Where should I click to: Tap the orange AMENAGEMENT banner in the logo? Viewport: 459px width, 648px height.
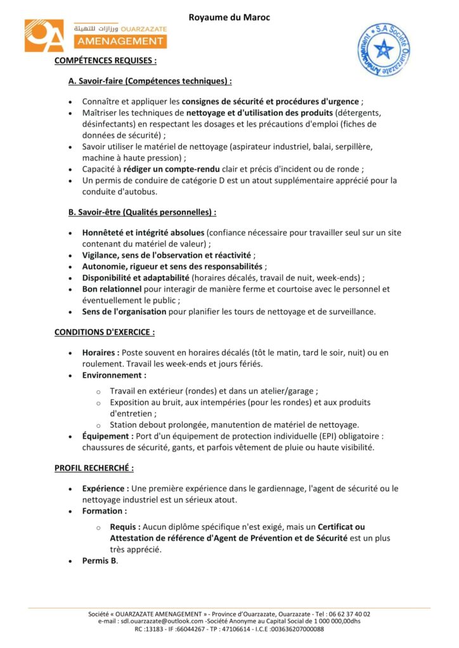[x=119, y=41]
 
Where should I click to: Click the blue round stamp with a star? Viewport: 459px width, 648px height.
[x=383, y=50]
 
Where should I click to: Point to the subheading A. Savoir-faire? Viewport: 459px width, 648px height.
[x=150, y=81]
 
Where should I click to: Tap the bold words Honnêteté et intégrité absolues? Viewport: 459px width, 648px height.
[x=143, y=232]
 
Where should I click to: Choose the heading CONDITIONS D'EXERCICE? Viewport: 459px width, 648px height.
[x=105, y=332]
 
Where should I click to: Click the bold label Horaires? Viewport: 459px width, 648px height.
[x=100, y=352]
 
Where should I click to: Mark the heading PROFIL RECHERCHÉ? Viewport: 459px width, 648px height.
[x=94, y=468]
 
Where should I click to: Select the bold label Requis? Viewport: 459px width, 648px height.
[x=125, y=526]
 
